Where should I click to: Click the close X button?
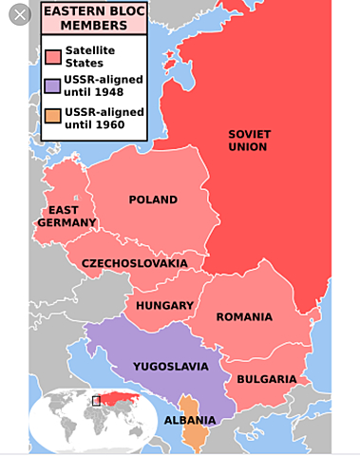pyautogui.click(x=19, y=16)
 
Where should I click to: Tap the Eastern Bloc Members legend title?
pyautogui.click(x=95, y=17)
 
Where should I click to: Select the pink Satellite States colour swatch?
pyautogui.click(x=53, y=56)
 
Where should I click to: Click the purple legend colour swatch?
pyautogui.click(x=53, y=85)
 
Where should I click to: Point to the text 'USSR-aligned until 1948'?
pyautogui.click(x=104, y=85)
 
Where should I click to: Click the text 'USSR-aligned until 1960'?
pyautogui.click(x=104, y=119)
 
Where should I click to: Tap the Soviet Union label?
pyautogui.click(x=248, y=141)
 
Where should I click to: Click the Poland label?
pyautogui.click(x=153, y=199)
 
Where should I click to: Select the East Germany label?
pyautogui.click(x=66, y=217)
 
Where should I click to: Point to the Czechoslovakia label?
pyautogui.click(x=134, y=263)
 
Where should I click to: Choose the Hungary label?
pyautogui.click(x=164, y=306)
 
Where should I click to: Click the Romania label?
pyautogui.click(x=244, y=316)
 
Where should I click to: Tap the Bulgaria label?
pyautogui.click(x=266, y=379)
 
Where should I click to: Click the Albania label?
pyautogui.click(x=190, y=420)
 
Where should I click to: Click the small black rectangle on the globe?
pyautogui.click(x=96, y=400)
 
